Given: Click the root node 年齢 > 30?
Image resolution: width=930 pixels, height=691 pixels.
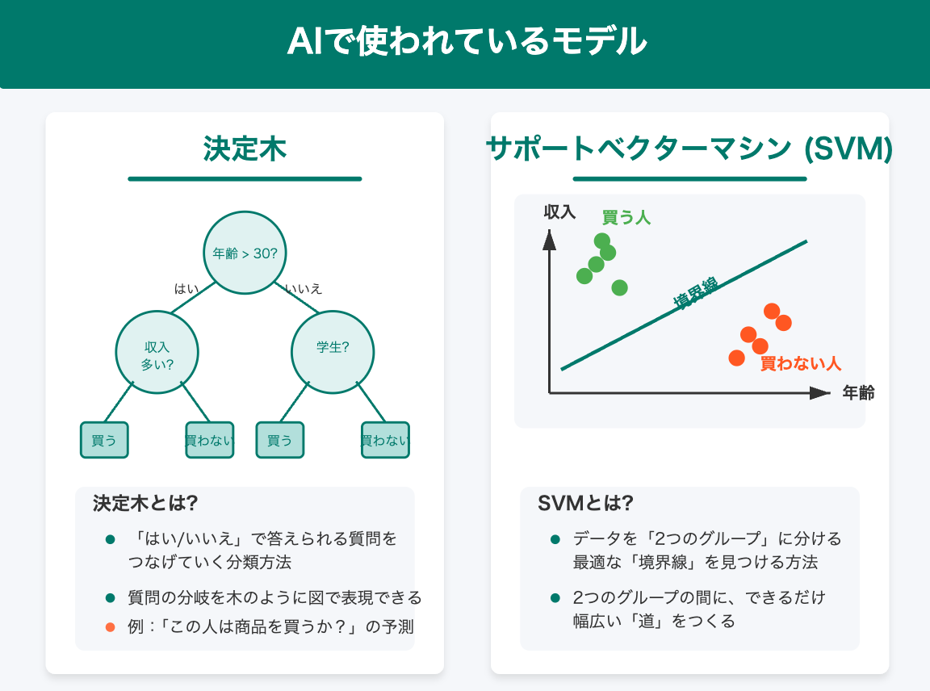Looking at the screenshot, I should tap(245, 253).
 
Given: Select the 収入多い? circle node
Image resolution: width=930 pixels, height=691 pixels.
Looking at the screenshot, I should tap(157, 353).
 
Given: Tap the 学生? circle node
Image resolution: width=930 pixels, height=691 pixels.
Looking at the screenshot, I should tap(333, 348).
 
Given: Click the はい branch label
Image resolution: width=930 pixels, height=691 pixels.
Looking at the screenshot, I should tap(186, 288).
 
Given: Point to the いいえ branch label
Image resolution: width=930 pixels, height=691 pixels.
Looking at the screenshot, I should tap(304, 288).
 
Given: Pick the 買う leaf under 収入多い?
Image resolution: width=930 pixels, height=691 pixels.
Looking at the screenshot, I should tap(104, 440).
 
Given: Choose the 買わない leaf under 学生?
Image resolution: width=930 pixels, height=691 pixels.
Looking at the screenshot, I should tap(385, 440).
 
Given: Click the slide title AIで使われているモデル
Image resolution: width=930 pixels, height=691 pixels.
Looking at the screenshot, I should tap(465, 41).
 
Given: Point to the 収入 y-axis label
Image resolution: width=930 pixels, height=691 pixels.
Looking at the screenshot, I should tap(559, 212).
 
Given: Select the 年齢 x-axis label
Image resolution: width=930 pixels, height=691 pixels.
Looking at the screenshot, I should tap(858, 393).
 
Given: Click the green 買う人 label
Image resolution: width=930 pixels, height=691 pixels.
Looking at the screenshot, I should tap(626, 217).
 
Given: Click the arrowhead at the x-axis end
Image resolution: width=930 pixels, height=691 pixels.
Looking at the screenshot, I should tap(820, 393).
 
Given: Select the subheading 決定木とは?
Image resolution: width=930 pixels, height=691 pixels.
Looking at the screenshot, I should tap(145, 503).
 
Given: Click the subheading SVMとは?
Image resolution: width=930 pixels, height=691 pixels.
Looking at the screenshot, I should tap(585, 503).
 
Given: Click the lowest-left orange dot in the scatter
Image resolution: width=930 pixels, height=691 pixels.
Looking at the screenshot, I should tap(736, 357).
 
